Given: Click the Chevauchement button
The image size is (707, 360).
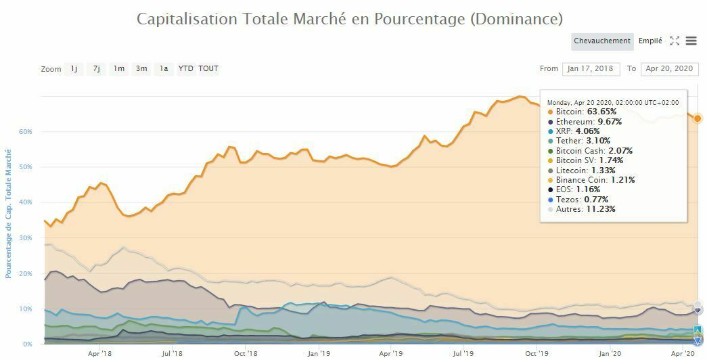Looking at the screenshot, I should coord(601,41).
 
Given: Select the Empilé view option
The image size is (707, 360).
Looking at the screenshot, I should coord(650,41).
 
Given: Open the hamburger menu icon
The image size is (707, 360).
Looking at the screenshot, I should coord(691,41).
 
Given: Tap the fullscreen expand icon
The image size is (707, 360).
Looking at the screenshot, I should coord(675,41).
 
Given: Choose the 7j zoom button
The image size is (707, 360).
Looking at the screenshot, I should coord(97,68).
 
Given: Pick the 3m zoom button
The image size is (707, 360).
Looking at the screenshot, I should coord(141,68).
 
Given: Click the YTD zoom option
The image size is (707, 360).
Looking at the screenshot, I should coord(185,68).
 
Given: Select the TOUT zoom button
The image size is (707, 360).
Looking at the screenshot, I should coord(208,68).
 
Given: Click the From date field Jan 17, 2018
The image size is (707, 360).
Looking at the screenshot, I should coord(591,68).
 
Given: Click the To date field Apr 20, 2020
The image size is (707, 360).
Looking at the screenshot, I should coord(668,68).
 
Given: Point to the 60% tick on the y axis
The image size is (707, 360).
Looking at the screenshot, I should coord(26,131).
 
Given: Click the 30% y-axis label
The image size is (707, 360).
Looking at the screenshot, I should coord(26,238).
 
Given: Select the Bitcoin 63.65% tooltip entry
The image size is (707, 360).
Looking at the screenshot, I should coord(586,112).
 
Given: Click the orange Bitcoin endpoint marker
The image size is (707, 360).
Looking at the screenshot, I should coord(698,118).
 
